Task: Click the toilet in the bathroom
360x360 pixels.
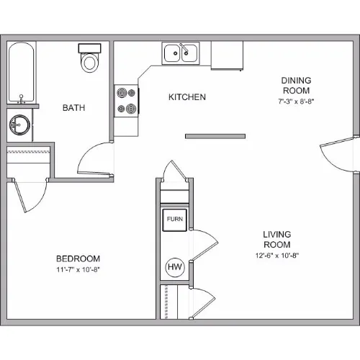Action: [89, 58]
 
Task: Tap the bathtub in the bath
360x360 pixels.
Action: [22, 73]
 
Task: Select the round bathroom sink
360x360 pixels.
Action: [19, 125]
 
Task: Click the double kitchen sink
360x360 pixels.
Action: [181, 53]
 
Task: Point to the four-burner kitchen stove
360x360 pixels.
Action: [126, 101]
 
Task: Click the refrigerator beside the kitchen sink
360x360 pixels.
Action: [227, 55]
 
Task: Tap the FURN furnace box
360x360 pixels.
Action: [174, 220]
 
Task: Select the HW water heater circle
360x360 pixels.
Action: [175, 267]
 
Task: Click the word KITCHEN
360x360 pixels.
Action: [187, 97]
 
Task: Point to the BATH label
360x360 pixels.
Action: [73, 108]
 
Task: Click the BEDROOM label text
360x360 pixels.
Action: [78, 258]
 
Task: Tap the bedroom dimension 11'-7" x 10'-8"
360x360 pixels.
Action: [78, 269]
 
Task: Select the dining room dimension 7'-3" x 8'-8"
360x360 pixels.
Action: [296, 101]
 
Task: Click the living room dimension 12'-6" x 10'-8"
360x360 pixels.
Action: [277, 255]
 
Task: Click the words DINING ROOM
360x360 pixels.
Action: [296, 86]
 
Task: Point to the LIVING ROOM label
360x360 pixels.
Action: [277, 240]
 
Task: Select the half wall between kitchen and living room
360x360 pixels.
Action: [215, 136]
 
